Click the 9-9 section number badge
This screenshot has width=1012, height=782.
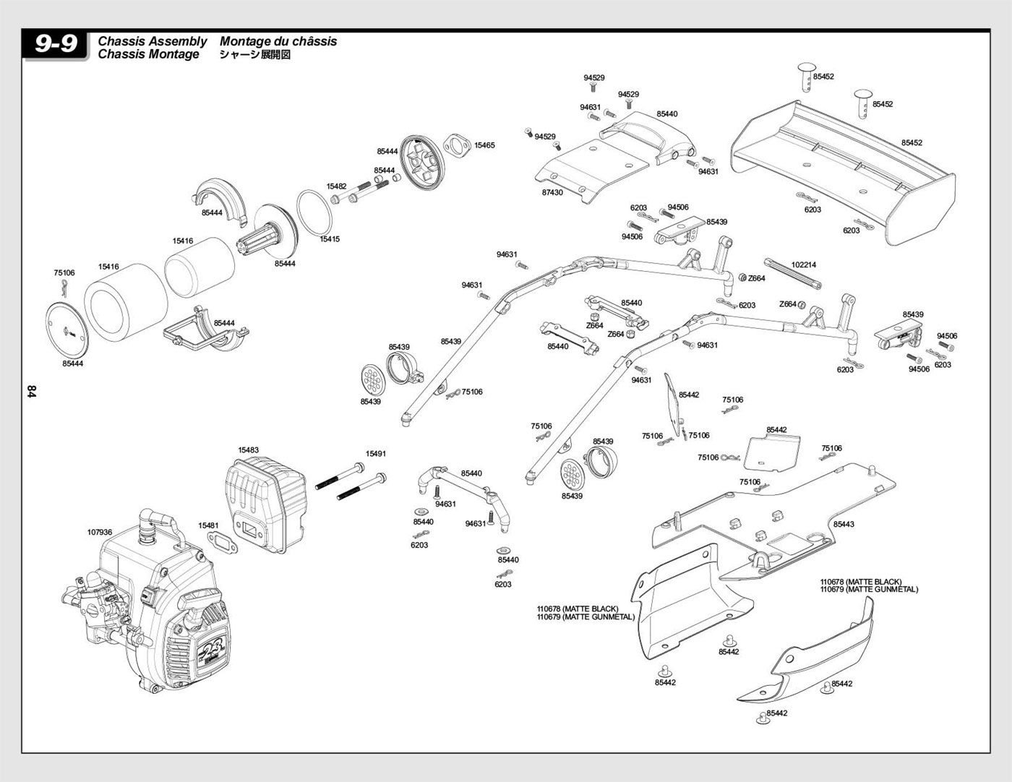tap(55, 44)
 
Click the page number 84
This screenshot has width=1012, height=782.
tap(31, 392)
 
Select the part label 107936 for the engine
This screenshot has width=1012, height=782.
tap(100, 532)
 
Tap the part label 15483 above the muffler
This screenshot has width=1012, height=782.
tap(248, 450)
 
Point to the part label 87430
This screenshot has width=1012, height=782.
tap(552, 192)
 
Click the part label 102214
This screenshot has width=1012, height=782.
tap(804, 265)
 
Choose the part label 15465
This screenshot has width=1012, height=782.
tap(484, 145)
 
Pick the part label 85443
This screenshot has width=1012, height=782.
tap(844, 524)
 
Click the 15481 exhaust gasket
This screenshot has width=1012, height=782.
tap(222, 543)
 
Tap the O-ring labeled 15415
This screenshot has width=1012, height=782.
tap(314, 213)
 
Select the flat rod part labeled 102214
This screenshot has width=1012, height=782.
tap(793, 274)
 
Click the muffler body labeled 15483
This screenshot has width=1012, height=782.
tap(266, 504)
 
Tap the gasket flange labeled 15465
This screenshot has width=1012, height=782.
tap(455, 145)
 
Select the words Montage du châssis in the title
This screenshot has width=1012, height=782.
tap(278, 41)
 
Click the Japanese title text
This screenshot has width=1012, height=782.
tap(255, 54)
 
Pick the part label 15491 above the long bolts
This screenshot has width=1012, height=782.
tap(376, 454)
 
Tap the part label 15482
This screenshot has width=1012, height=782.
tap(336, 186)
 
